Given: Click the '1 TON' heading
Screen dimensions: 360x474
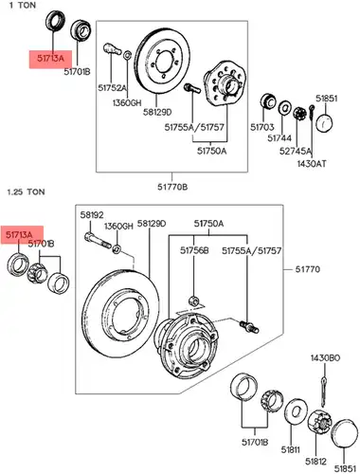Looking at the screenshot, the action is (x=23, y=6).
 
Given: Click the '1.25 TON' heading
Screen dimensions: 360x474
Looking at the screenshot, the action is (x=27, y=191).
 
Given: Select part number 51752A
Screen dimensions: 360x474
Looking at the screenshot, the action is (x=112, y=87).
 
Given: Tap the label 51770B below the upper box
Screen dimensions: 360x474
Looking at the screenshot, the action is (x=172, y=187).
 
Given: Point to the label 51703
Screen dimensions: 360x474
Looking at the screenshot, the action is (x=262, y=127).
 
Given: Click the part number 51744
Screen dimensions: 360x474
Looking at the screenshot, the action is (x=279, y=138).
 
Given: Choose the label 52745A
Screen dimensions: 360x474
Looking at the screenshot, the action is (x=296, y=151).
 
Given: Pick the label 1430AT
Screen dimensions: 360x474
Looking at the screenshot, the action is (x=312, y=164).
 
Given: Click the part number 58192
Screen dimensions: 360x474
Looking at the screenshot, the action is (x=92, y=215).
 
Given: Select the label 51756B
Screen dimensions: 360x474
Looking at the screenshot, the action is (x=194, y=250).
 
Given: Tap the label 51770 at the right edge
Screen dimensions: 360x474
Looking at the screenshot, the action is (x=308, y=269).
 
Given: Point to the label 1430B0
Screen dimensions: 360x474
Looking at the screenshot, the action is (x=325, y=358).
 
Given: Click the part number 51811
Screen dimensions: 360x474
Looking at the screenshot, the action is (x=291, y=449).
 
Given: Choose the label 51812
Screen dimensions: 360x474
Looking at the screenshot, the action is (x=315, y=462).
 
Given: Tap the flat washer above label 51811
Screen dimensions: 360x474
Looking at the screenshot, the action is (x=296, y=411).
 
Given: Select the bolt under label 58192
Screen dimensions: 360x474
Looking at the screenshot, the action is (x=98, y=240).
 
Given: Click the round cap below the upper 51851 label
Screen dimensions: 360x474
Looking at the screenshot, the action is (x=325, y=123).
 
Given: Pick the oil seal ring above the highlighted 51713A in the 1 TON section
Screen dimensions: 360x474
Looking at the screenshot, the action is (x=56, y=21).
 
